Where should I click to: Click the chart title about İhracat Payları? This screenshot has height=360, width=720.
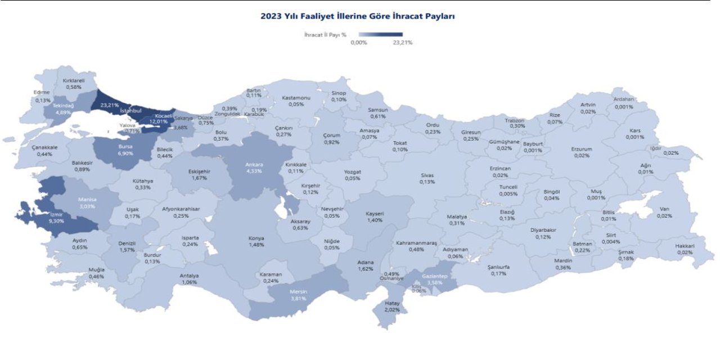tap(357, 16)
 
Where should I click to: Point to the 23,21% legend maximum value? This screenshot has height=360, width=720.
tap(403, 43)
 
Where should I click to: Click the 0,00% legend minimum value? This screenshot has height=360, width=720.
tap(359, 43)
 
